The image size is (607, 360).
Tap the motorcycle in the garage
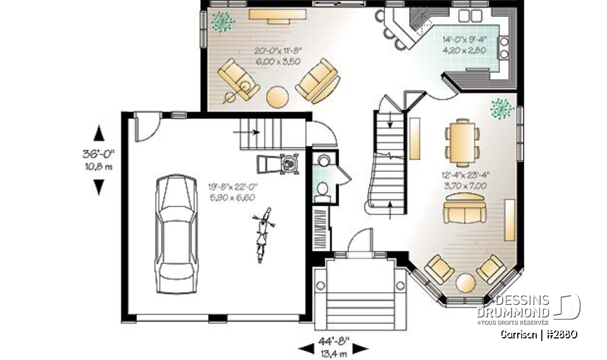261,233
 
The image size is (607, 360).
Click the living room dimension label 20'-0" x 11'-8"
278,56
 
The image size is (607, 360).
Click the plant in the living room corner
222,21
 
